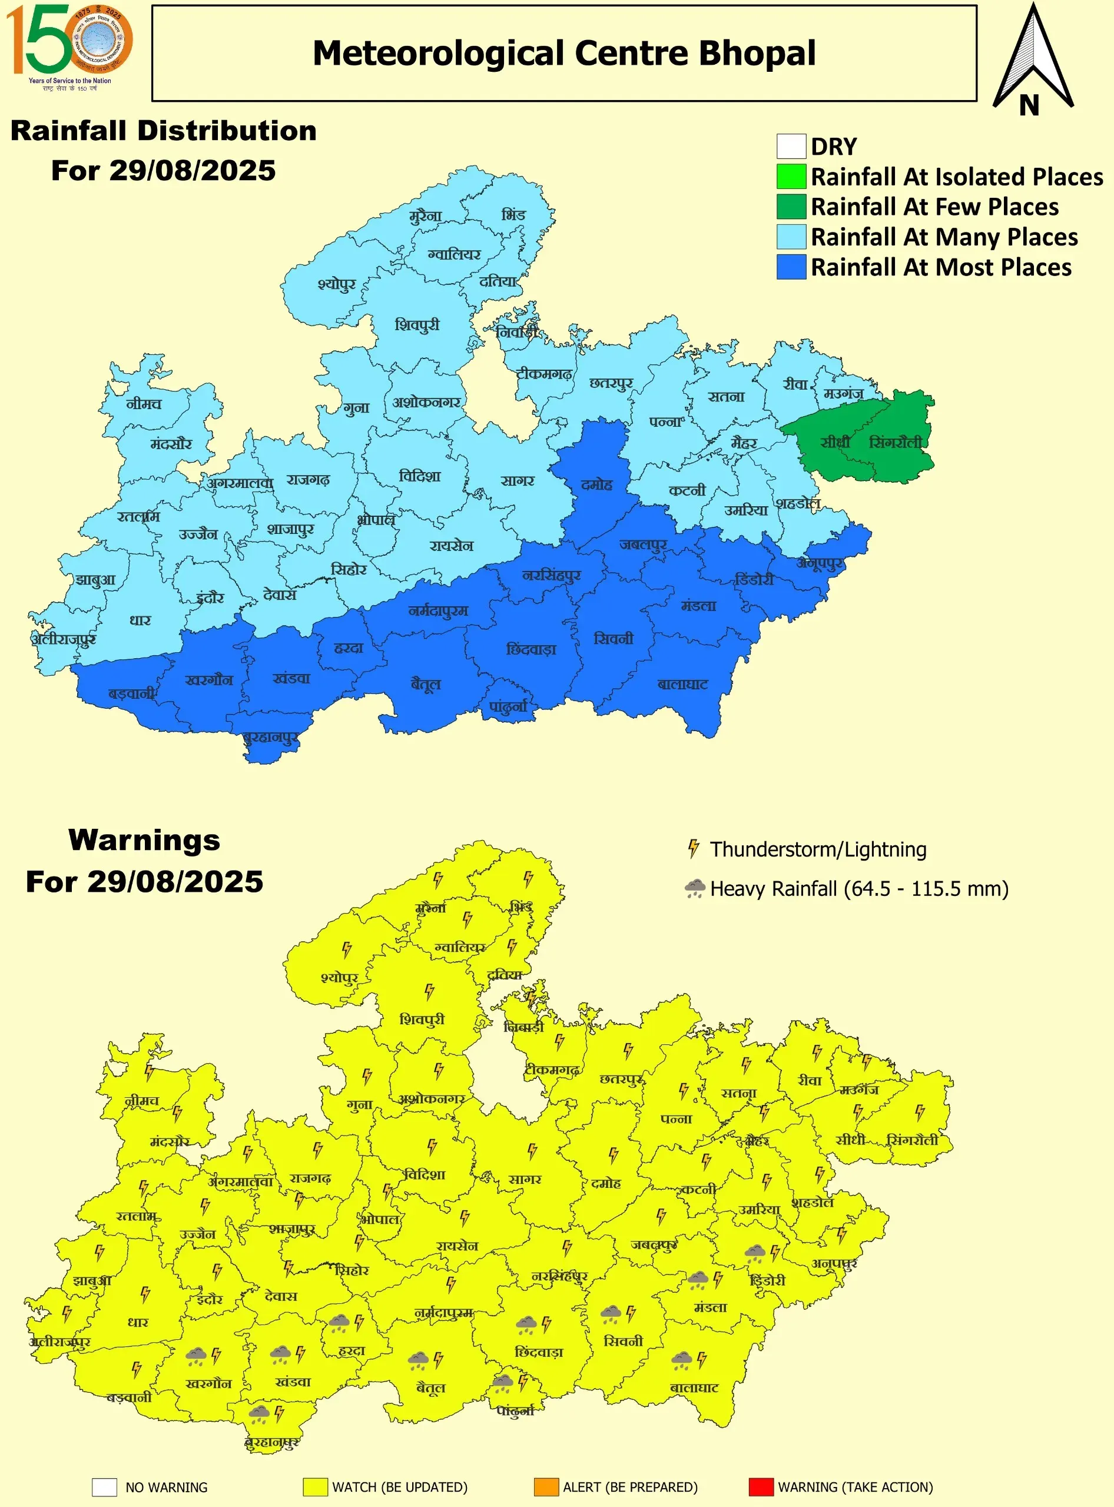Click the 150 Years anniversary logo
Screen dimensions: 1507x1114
[x=69, y=46]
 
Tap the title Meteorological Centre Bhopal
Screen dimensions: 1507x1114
[x=563, y=53]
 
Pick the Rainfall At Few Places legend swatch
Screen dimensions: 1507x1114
[x=791, y=206]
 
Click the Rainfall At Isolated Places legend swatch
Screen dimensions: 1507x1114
[x=791, y=177]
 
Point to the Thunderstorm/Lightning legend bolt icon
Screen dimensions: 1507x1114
[x=692, y=849]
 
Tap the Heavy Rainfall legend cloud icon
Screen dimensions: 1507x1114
[x=695, y=888]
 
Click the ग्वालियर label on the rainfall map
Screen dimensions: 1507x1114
[x=454, y=255]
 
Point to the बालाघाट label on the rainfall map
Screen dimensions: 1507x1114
[x=683, y=685]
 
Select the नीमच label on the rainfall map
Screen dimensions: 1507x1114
[x=144, y=404]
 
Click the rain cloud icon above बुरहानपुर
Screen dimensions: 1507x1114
[x=259, y=1413]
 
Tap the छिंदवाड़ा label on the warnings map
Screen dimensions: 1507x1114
[x=538, y=1353]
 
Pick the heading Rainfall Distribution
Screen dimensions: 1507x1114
[x=163, y=131]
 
